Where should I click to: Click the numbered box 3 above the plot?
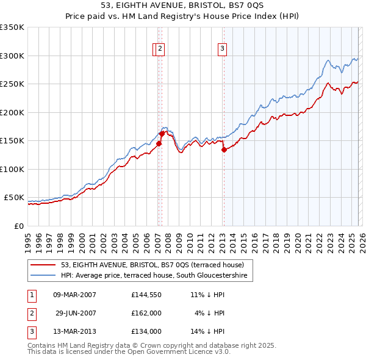click(223, 49)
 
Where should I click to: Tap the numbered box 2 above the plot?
click(160, 49)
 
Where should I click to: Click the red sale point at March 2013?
click(224, 149)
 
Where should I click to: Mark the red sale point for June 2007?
click(162, 134)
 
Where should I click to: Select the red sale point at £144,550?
click(159, 143)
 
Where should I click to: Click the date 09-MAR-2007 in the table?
click(75, 294)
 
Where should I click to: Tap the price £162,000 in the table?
click(146, 312)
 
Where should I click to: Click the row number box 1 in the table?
click(31, 294)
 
